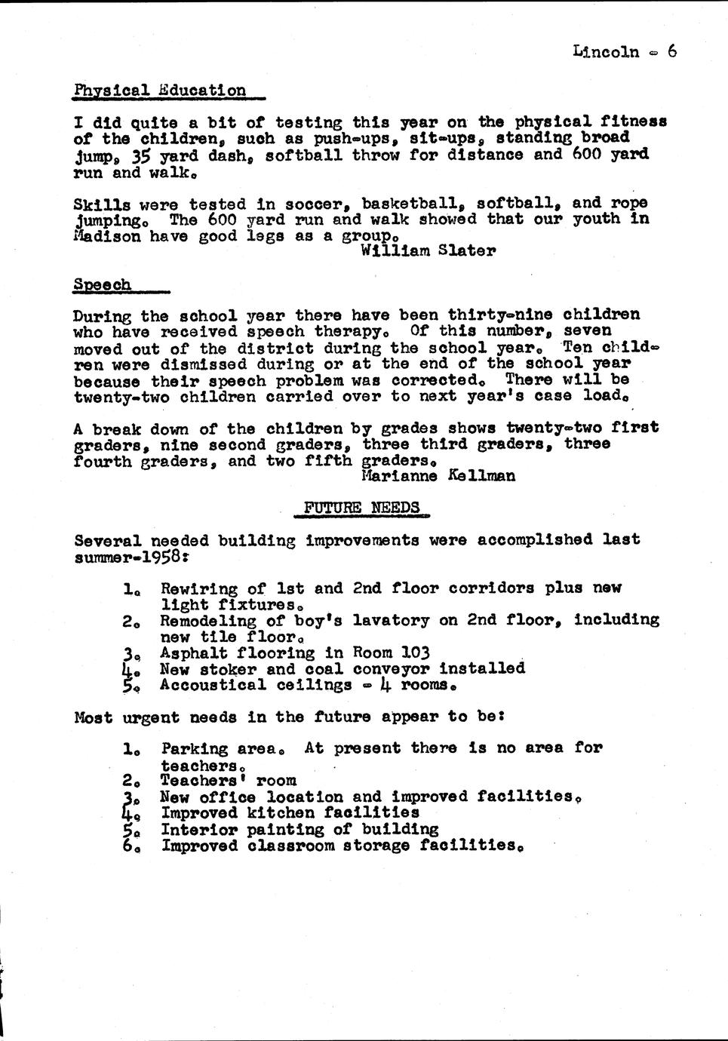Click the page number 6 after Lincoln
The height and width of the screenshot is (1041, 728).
tap(671, 51)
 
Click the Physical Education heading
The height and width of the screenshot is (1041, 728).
tap(160, 91)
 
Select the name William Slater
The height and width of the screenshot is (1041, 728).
tap(428, 251)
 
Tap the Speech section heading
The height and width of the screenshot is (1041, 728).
tap(102, 285)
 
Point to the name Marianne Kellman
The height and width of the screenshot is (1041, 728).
tap(438, 476)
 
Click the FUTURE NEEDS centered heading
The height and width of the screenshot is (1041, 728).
tap(361, 507)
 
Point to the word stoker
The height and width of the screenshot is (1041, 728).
tap(228, 668)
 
